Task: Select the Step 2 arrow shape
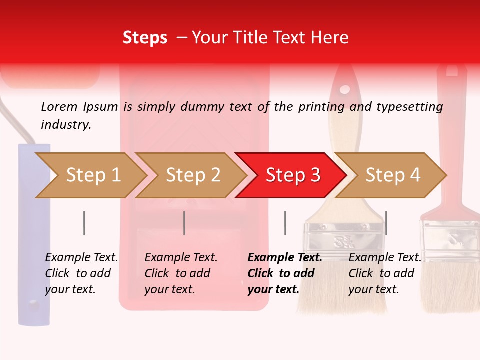193,175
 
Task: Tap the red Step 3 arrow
292,175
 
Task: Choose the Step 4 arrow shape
392,175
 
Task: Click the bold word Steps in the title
145,38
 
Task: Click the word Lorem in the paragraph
59,106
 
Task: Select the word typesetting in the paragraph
409,106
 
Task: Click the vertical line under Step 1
84,223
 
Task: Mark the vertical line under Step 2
184,223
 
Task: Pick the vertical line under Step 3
285,223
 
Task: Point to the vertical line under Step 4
386,223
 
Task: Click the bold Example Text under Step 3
285,258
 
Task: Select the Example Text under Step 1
81,258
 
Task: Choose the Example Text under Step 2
181,258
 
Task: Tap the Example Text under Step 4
385,258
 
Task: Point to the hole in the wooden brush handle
344,90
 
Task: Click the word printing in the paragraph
320,106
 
